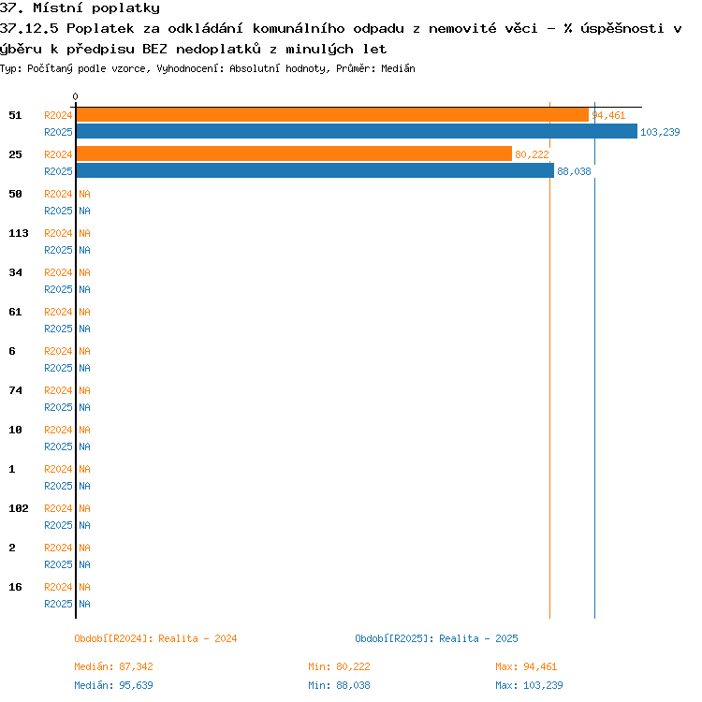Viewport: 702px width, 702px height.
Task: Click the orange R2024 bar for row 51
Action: pyautogui.click(x=332, y=115)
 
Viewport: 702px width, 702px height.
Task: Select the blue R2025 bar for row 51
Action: pyautogui.click(x=357, y=132)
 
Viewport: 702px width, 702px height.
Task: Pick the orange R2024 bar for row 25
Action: pyautogui.click(x=294, y=154)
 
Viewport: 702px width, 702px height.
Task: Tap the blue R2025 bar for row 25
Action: pyautogui.click(x=315, y=171)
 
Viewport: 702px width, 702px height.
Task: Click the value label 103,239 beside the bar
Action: pyautogui.click(x=660, y=132)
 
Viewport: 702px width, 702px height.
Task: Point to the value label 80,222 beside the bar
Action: pyautogui.click(x=532, y=154)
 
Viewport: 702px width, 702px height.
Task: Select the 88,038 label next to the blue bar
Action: pyautogui.click(x=574, y=171)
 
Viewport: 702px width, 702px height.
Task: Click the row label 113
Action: pyautogui.click(x=19, y=233)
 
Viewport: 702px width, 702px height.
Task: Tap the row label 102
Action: pyautogui.click(x=19, y=508)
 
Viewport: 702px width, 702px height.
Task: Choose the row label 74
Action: pyautogui.click(x=15, y=390)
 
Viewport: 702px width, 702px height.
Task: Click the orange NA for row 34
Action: pyautogui.click(x=84, y=272)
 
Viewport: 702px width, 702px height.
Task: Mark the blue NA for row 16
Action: pyautogui.click(x=84, y=604)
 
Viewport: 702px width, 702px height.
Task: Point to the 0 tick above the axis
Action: pyautogui.click(x=75, y=96)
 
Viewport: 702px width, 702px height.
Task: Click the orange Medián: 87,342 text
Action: pyautogui.click(x=113, y=666)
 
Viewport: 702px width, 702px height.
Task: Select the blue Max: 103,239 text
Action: pyautogui.click(x=529, y=685)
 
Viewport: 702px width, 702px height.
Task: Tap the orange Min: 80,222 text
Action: pyautogui.click(x=340, y=666)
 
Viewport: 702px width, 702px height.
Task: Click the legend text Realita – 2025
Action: pyautogui.click(x=478, y=638)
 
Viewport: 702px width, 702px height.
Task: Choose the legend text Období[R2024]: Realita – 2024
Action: pyautogui.click(x=155, y=638)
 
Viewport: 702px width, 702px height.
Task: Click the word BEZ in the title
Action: pyautogui.click(x=154, y=49)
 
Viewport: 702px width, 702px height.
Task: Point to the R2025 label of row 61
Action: pyautogui.click(x=58, y=329)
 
